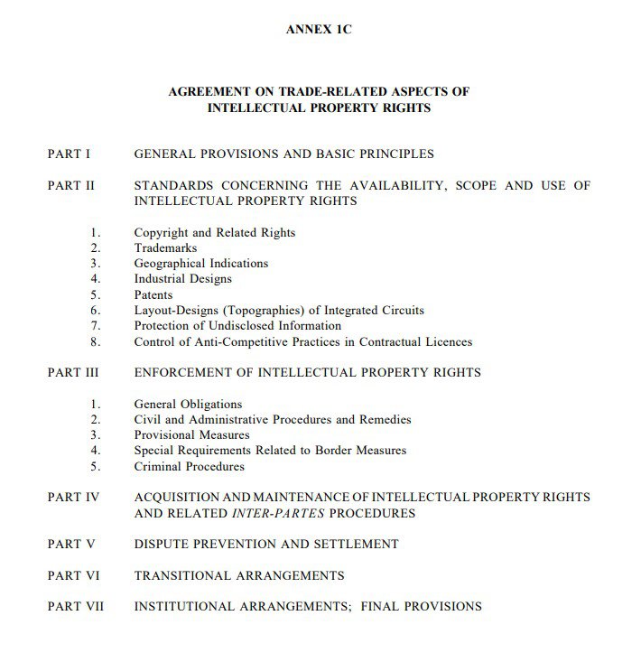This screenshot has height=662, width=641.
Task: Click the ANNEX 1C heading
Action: point(319,30)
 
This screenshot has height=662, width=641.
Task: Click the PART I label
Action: point(69,154)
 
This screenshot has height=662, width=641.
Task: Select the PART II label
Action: point(70,186)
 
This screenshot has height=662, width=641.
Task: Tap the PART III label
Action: point(73,372)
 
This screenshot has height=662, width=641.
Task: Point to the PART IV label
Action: point(72,498)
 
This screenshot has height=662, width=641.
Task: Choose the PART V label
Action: point(70,545)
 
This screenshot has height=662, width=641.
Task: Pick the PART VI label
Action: point(73,575)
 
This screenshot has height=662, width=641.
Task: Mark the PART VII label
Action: point(75,607)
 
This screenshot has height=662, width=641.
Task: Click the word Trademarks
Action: point(165,248)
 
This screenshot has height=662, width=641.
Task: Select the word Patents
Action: point(153,295)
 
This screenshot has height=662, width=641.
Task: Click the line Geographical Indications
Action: point(200,264)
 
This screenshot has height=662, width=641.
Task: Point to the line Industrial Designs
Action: point(182,279)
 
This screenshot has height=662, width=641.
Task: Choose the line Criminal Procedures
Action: point(189,467)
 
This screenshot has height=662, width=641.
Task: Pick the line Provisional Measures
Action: point(191,435)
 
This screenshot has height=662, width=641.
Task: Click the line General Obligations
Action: point(188,405)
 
